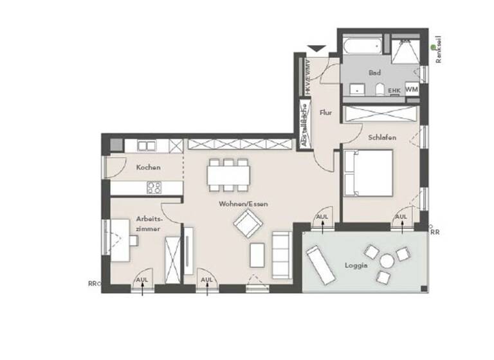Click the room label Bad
[374, 73]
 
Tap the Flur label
[325, 113]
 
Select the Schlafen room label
[381, 138]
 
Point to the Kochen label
[148, 167]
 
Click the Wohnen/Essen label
[243, 204]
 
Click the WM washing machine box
[412, 91]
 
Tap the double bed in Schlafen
[367, 173]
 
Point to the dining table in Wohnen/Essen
[228, 174]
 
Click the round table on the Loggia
[387, 262]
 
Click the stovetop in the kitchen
[154, 188]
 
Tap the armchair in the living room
[248, 225]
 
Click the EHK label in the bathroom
[394, 91]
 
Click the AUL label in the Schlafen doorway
[401, 217]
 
